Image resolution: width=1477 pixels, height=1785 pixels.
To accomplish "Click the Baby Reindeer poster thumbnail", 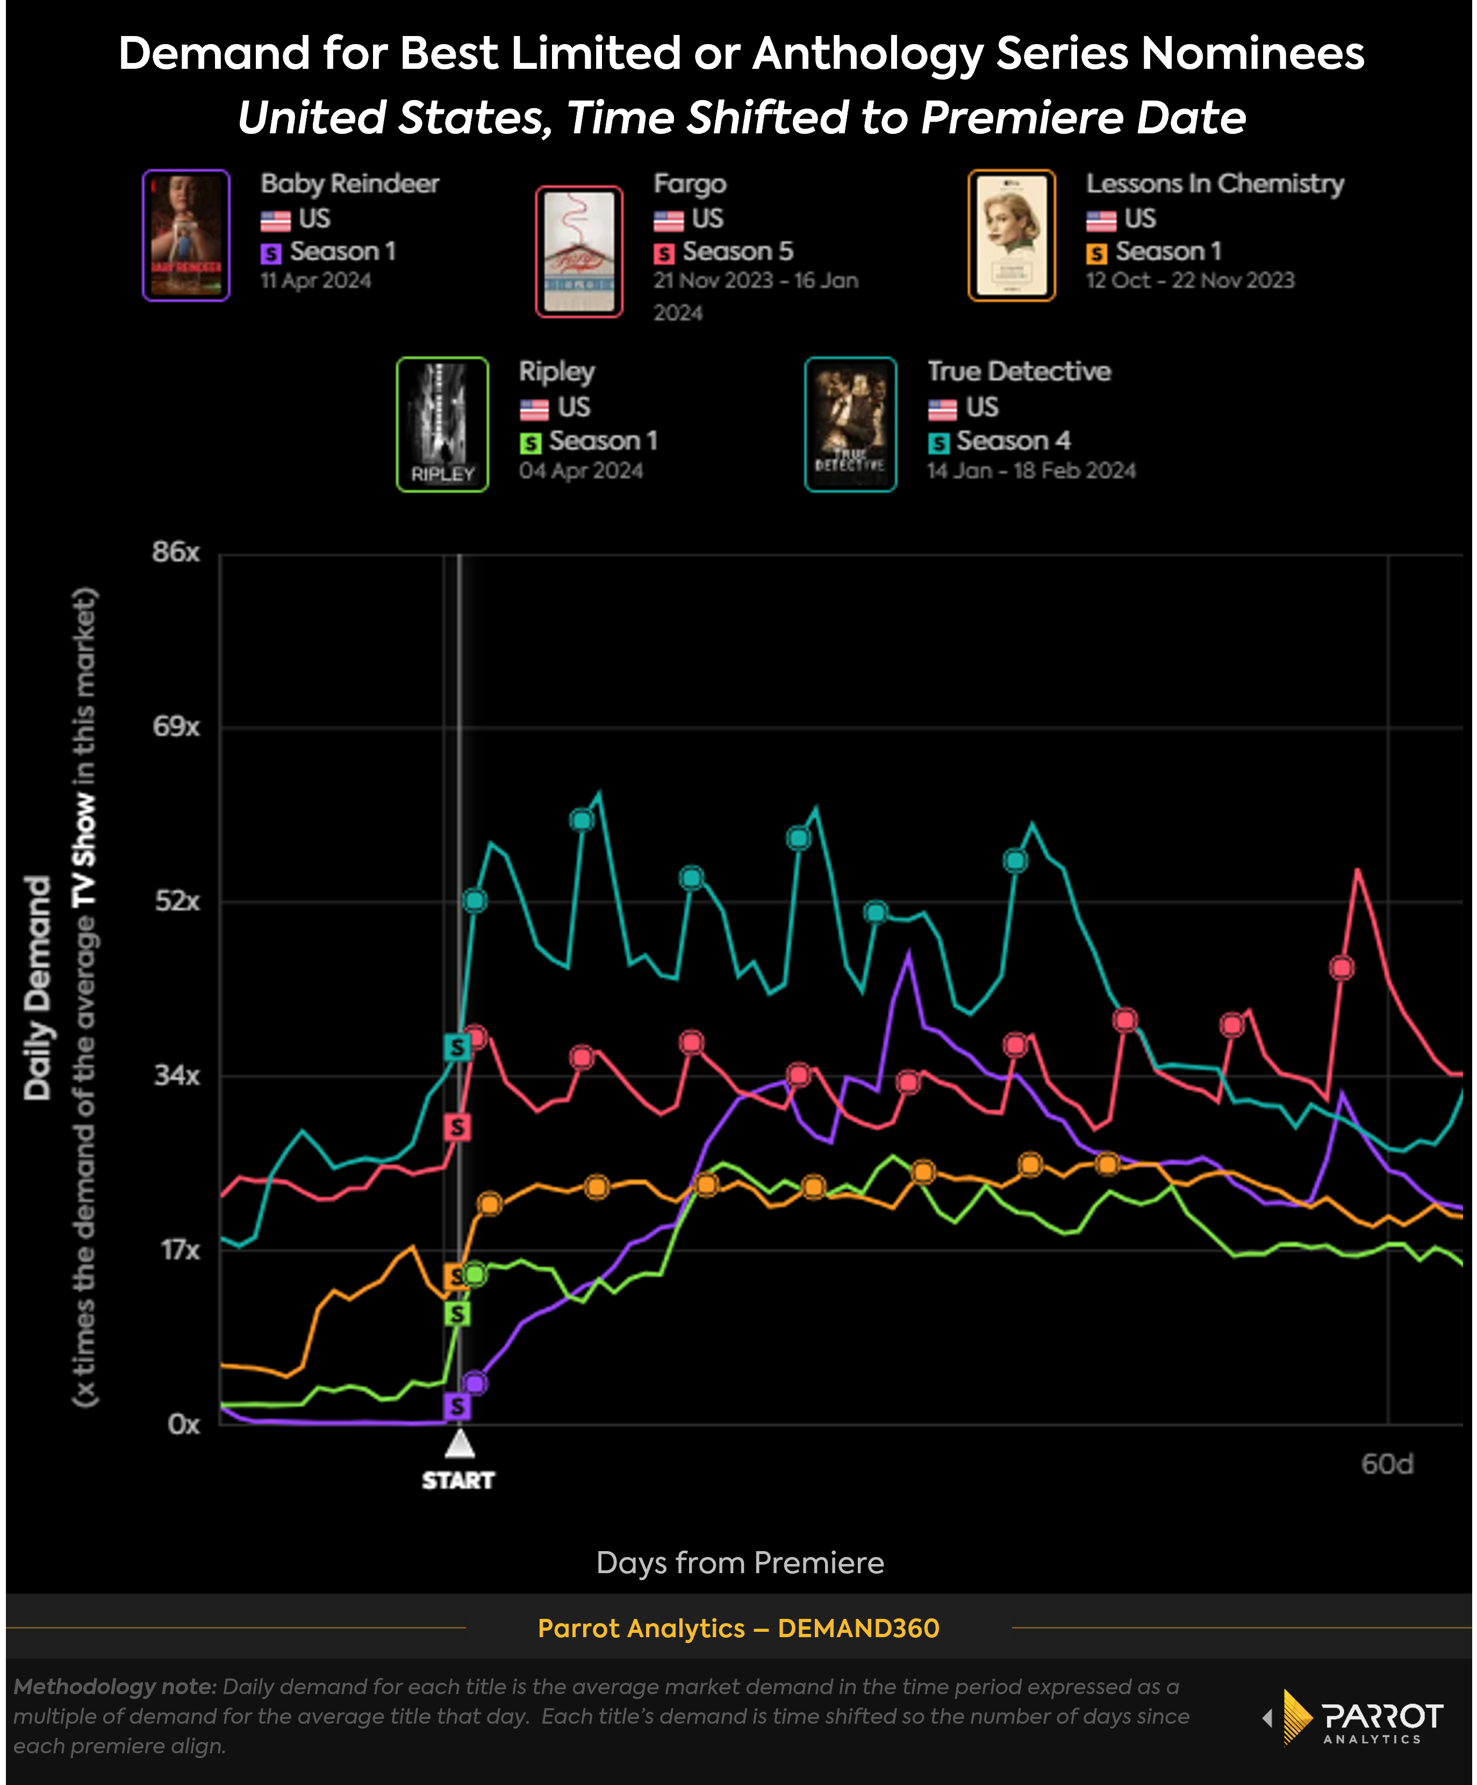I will coord(186,235).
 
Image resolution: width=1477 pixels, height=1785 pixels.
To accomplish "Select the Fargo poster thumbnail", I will coord(579,252).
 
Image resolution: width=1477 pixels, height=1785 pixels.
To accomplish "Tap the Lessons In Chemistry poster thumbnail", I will coord(1012,235).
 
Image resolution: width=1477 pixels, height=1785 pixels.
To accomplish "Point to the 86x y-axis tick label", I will coord(176,553).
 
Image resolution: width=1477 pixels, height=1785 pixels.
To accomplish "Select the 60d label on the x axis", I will coord(1387,1463).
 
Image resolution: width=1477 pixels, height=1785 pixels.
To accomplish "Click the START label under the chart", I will coord(458,1481).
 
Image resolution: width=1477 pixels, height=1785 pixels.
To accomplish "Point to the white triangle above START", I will coord(459,1443).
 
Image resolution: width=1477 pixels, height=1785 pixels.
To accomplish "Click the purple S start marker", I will coord(457,1406).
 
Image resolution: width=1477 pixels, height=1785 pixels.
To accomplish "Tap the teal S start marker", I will coord(457,1047).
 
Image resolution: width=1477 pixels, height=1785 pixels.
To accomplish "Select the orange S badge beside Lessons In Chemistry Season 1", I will coord(1096,253).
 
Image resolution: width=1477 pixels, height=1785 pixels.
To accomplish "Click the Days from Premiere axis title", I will coord(740,1562).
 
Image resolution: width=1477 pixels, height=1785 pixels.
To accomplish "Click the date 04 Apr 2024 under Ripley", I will coord(581,471).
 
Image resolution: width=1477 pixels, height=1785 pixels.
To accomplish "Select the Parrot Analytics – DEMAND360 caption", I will coord(738,1628).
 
